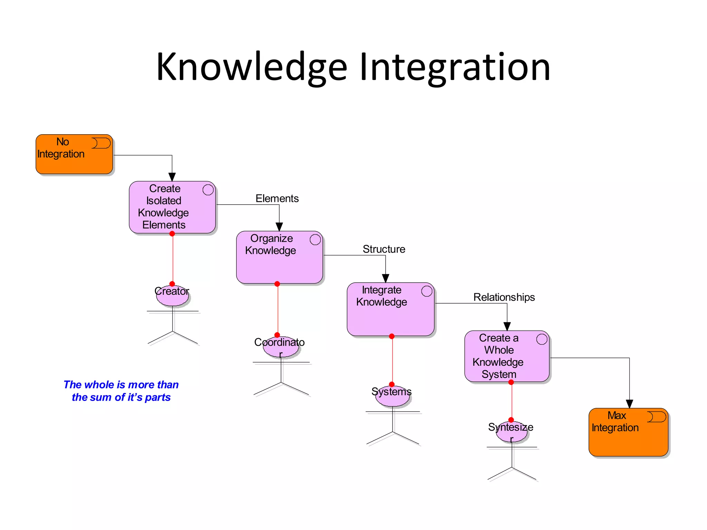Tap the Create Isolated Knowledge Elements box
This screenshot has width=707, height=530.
[172, 207]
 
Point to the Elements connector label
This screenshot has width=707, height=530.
[277, 198]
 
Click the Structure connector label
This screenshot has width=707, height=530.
[384, 249]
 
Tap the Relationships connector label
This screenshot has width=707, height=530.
[504, 297]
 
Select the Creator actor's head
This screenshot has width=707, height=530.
[172, 296]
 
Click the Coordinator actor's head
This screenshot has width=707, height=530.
[281, 347]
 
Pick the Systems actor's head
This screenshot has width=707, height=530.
[392, 396]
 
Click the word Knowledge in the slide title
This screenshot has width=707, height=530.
[251, 67]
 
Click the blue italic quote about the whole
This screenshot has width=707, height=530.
[121, 391]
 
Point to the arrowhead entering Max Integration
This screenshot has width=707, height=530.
[629, 404]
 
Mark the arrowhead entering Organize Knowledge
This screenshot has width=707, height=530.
[279, 227]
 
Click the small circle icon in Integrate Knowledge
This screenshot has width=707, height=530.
[427, 291]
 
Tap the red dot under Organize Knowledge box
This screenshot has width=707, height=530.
[277, 284]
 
